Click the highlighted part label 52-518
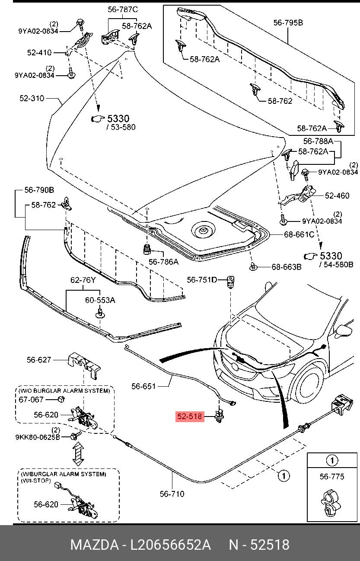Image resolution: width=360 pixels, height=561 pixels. (x=189, y=417)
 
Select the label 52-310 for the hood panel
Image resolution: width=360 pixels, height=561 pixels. (x=32, y=98)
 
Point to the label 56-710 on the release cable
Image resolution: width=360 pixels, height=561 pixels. (x=172, y=494)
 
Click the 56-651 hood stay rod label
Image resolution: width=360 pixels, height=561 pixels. (x=143, y=386)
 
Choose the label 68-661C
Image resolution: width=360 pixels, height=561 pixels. (x=299, y=234)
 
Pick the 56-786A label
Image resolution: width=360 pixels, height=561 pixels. (x=163, y=262)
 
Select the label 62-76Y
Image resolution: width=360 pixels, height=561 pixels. (x=83, y=280)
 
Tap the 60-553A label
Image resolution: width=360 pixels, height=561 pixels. (x=100, y=300)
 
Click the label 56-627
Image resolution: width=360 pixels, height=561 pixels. (x=39, y=359)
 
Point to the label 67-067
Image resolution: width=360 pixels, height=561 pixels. (x=31, y=399)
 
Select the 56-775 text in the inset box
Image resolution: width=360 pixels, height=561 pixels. (x=332, y=477)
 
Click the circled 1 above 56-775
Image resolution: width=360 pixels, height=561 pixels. (x=332, y=460)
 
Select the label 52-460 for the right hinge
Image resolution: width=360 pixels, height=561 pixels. (x=337, y=196)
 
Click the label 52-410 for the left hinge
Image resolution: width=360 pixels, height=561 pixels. (x=39, y=53)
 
